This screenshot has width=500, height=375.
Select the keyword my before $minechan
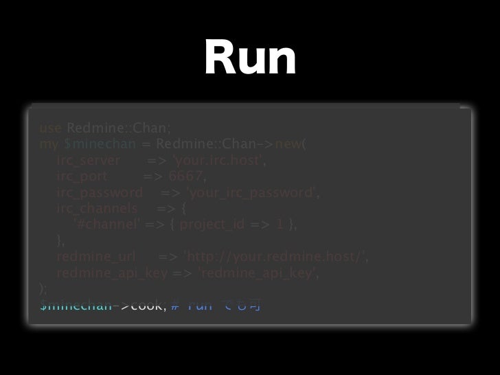49,146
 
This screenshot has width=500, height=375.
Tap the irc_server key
89,161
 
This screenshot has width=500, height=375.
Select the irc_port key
82,177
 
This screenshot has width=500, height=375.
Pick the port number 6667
185,177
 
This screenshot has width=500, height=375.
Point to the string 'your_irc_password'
253,193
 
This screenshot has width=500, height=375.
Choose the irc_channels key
98,209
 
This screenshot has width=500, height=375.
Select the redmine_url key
95,257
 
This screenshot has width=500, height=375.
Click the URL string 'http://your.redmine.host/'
275,257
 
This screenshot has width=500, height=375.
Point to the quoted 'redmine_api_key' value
258,273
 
